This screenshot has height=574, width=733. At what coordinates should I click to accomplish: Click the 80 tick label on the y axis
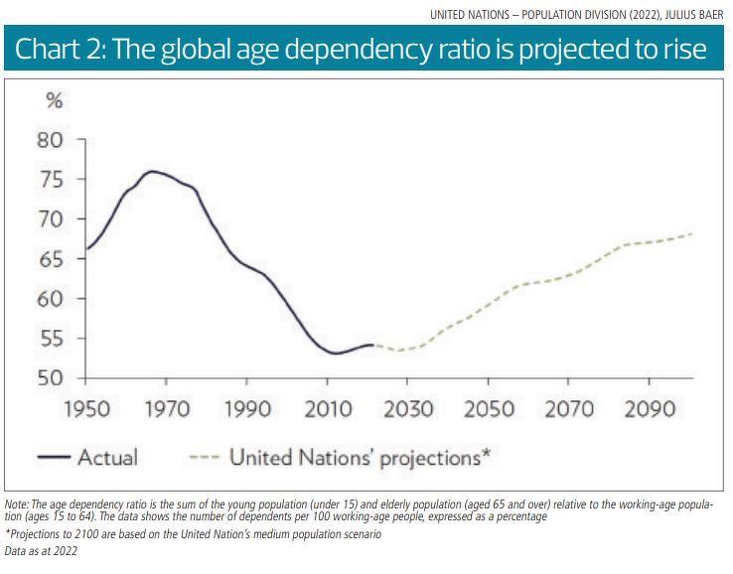(50, 140)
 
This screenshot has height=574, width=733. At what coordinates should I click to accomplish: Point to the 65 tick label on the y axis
(50, 259)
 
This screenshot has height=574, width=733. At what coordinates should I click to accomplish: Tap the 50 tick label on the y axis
(50, 378)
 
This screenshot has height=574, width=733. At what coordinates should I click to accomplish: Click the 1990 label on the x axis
(246, 409)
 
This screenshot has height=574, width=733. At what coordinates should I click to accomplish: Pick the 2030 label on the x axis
(407, 409)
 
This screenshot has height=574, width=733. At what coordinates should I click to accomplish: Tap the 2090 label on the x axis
(649, 409)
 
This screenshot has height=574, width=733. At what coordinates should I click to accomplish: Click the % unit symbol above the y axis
(56, 101)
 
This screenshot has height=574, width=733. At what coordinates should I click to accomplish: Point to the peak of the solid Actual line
(151, 172)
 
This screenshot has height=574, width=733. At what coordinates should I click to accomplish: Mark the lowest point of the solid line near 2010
(335, 354)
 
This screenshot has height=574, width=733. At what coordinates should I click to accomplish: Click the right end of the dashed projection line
(692, 234)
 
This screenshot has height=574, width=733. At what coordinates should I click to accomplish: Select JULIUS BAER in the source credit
(695, 14)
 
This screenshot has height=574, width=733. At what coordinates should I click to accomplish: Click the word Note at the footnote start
(16, 504)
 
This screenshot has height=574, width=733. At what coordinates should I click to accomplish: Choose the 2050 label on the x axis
(488, 409)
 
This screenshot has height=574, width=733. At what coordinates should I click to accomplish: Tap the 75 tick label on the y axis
(50, 180)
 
